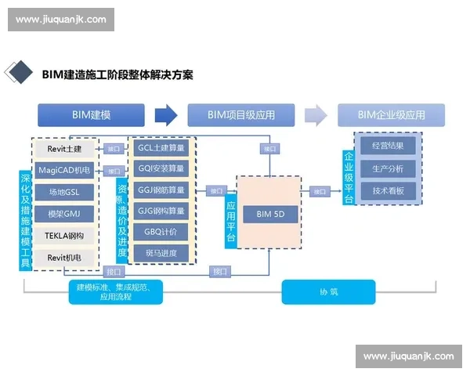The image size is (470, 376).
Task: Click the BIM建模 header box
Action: click(91, 115)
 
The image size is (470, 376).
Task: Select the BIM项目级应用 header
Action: click(241, 115)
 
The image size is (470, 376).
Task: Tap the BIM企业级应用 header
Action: click(391, 115)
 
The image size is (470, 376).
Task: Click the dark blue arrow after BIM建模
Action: click(166, 116)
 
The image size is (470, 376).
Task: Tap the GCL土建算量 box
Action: click(161, 147)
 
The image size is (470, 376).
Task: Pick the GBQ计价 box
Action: click(161, 232)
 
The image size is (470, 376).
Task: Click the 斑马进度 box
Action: click(161, 253)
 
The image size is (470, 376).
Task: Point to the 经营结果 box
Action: click(388, 146)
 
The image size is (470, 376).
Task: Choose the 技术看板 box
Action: click(388, 190)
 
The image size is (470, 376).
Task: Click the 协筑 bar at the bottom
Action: click(328, 292)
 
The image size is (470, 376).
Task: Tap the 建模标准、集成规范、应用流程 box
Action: click(118, 292)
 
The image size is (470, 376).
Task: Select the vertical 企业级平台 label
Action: click(349, 177)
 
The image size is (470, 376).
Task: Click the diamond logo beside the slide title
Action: click(19, 73)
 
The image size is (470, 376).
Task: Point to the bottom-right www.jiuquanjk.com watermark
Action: click(407, 356)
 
